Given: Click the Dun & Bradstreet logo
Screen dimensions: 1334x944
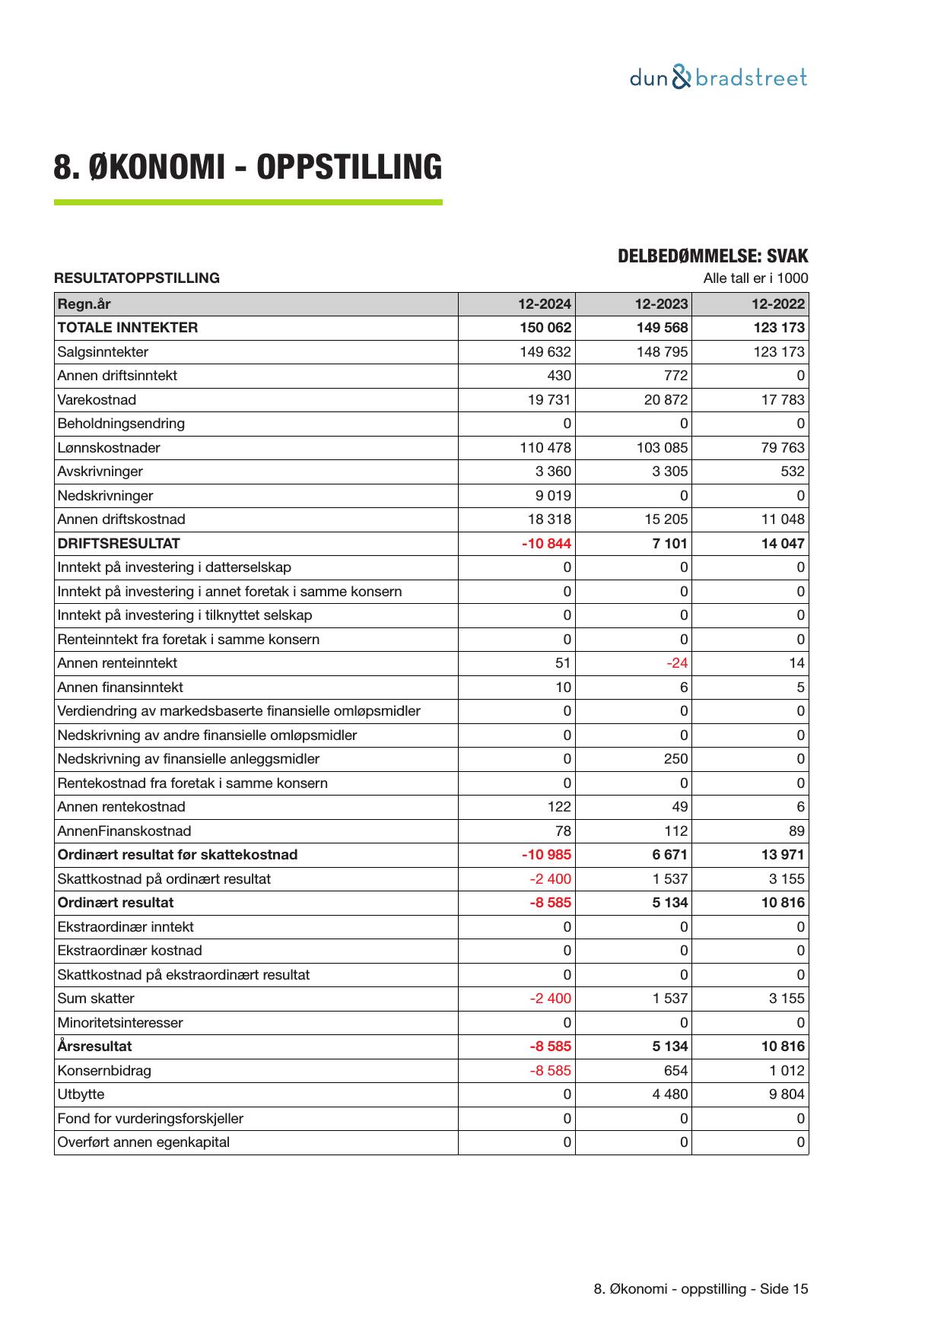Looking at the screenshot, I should pyautogui.click(x=718, y=78).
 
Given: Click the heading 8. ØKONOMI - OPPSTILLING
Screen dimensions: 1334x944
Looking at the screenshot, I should pyautogui.click(x=247, y=167).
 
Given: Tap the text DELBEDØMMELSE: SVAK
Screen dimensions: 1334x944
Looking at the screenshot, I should pyautogui.click(x=712, y=256).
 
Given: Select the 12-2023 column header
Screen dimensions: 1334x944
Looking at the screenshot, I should pyautogui.click(x=661, y=304).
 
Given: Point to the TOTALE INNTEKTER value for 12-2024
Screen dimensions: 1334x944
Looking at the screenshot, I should pyautogui.click(x=545, y=328).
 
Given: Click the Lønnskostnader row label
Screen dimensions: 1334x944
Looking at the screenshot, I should pyautogui.click(x=109, y=448).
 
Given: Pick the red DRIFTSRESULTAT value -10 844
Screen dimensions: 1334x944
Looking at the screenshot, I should pyautogui.click(x=546, y=544).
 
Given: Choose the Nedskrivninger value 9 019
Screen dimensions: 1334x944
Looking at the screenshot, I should pyautogui.click(x=553, y=496).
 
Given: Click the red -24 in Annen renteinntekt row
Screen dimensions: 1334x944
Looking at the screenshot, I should pyautogui.click(x=676, y=663).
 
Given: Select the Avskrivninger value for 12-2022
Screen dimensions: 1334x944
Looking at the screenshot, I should pyautogui.click(x=792, y=472).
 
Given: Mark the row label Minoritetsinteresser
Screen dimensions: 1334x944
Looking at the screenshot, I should pyautogui.click(x=120, y=1023).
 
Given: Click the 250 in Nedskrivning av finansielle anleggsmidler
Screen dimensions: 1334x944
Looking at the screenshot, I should pyautogui.click(x=675, y=759).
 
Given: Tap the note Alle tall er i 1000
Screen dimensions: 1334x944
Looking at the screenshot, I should pyautogui.click(x=755, y=278).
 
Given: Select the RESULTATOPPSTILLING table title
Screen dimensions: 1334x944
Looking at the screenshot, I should pyautogui.click(x=137, y=278).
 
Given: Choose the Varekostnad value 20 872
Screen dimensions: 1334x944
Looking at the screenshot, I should pyautogui.click(x=666, y=400).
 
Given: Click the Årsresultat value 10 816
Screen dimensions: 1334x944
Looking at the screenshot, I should pyautogui.click(x=783, y=1047).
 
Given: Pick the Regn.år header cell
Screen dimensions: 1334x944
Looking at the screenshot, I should pyautogui.click(x=84, y=304).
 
